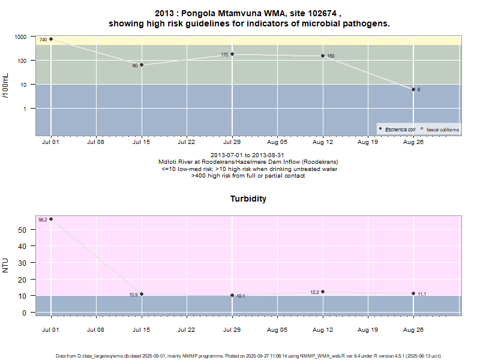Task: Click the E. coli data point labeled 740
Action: point(51,39)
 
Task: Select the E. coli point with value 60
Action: point(142,65)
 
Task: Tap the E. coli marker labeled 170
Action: point(232,54)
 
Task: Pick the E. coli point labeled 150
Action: point(323,56)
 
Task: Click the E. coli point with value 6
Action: point(413,89)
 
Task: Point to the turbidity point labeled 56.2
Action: point(51,219)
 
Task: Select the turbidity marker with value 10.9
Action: point(142,294)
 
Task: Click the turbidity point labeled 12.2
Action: point(323,292)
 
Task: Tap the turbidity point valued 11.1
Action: point(413,293)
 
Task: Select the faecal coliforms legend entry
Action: point(442,129)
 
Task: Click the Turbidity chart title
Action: point(248,199)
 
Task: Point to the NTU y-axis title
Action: point(6,264)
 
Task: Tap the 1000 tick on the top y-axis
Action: point(20,37)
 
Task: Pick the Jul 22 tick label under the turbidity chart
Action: point(187,330)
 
